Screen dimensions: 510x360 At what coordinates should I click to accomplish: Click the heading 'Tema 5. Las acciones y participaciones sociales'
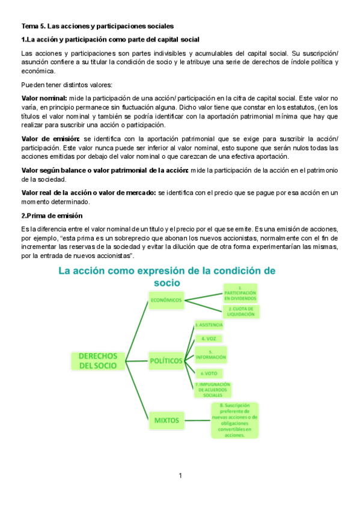[x=97, y=26]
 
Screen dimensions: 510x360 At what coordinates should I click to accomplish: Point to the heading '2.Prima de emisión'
[x=52, y=215]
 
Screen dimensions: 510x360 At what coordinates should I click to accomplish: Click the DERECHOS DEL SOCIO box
[x=97, y=360]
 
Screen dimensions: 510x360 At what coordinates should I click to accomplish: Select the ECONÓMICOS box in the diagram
[x=166, y=300]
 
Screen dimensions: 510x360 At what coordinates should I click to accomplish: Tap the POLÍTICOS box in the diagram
[x=166, y=360]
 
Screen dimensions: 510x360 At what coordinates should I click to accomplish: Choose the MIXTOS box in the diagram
[x=166, y=420]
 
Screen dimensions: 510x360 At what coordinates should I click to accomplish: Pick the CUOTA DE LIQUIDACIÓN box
[x=242, y=312]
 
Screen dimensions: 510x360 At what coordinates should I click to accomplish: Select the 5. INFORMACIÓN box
[x=210, y=355]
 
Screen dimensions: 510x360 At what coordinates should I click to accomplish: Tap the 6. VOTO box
[x=209, y=373]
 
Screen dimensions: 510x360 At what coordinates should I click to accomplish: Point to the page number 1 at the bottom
[x=180, y=476]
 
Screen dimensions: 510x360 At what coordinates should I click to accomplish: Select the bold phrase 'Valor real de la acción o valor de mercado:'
[x=88, y=192]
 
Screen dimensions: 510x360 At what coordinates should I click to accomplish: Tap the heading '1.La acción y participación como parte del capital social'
[x=110, y=39]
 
